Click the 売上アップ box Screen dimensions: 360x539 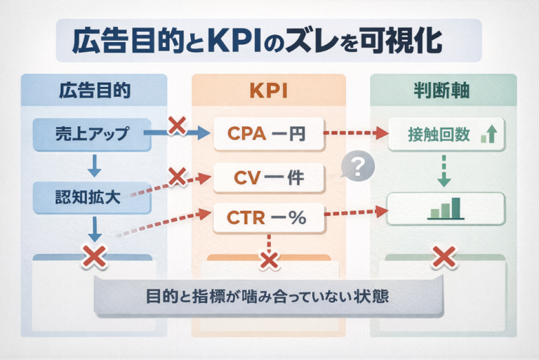point(93,134)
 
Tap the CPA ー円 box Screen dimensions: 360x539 point(267,133)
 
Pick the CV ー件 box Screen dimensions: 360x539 point(266,178)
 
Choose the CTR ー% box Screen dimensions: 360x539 point(267,218)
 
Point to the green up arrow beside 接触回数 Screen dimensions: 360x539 point(490,133)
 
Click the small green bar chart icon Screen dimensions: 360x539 point(446,208)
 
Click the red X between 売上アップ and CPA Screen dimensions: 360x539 point(177,126)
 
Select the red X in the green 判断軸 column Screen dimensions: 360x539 point(444,257)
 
